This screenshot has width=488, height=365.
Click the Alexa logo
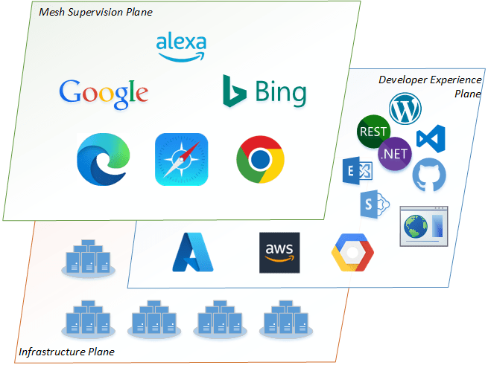pos(181,47)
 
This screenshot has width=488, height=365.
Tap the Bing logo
pos(264,92)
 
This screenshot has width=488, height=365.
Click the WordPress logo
pos(405,109)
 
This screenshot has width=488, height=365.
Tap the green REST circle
pos(373,132)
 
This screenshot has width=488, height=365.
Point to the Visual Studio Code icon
pos(430,138)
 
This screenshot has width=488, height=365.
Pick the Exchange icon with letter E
pos(356,172)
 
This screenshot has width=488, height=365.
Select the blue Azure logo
pos(193,252)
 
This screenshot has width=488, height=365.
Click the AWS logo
pos(279,253)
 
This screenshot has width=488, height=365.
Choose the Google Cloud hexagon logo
pos(352,253)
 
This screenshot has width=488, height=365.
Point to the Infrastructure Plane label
pos(67,351)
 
